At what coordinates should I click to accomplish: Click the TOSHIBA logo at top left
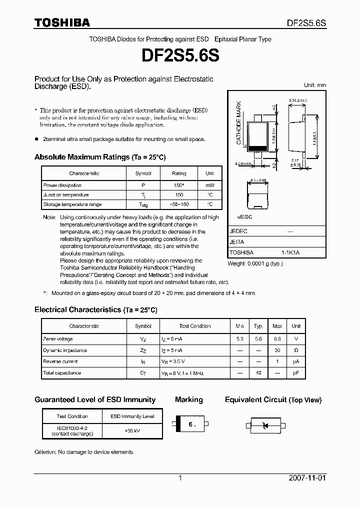[62, 22]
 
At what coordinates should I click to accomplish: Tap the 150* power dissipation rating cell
[179, 185]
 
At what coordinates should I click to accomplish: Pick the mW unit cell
[209, 185]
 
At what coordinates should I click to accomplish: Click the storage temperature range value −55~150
[179, 204]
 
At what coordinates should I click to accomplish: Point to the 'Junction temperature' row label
[66, 195]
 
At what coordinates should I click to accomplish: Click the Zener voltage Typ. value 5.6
[258, 339]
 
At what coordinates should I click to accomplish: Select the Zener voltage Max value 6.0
[277, 339]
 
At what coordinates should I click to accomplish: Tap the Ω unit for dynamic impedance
[296, 350]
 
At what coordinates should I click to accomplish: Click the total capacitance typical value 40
[258, 373]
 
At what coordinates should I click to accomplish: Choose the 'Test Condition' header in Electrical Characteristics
[195, 326]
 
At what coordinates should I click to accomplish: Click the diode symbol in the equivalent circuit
[265, 425]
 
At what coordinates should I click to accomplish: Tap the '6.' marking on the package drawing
[190, 425]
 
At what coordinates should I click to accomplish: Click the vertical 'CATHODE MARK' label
[239, 123]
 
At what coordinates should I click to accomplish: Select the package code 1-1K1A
[290, 252]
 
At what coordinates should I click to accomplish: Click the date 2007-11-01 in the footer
[307, 478]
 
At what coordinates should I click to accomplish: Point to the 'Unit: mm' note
[315, 85]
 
